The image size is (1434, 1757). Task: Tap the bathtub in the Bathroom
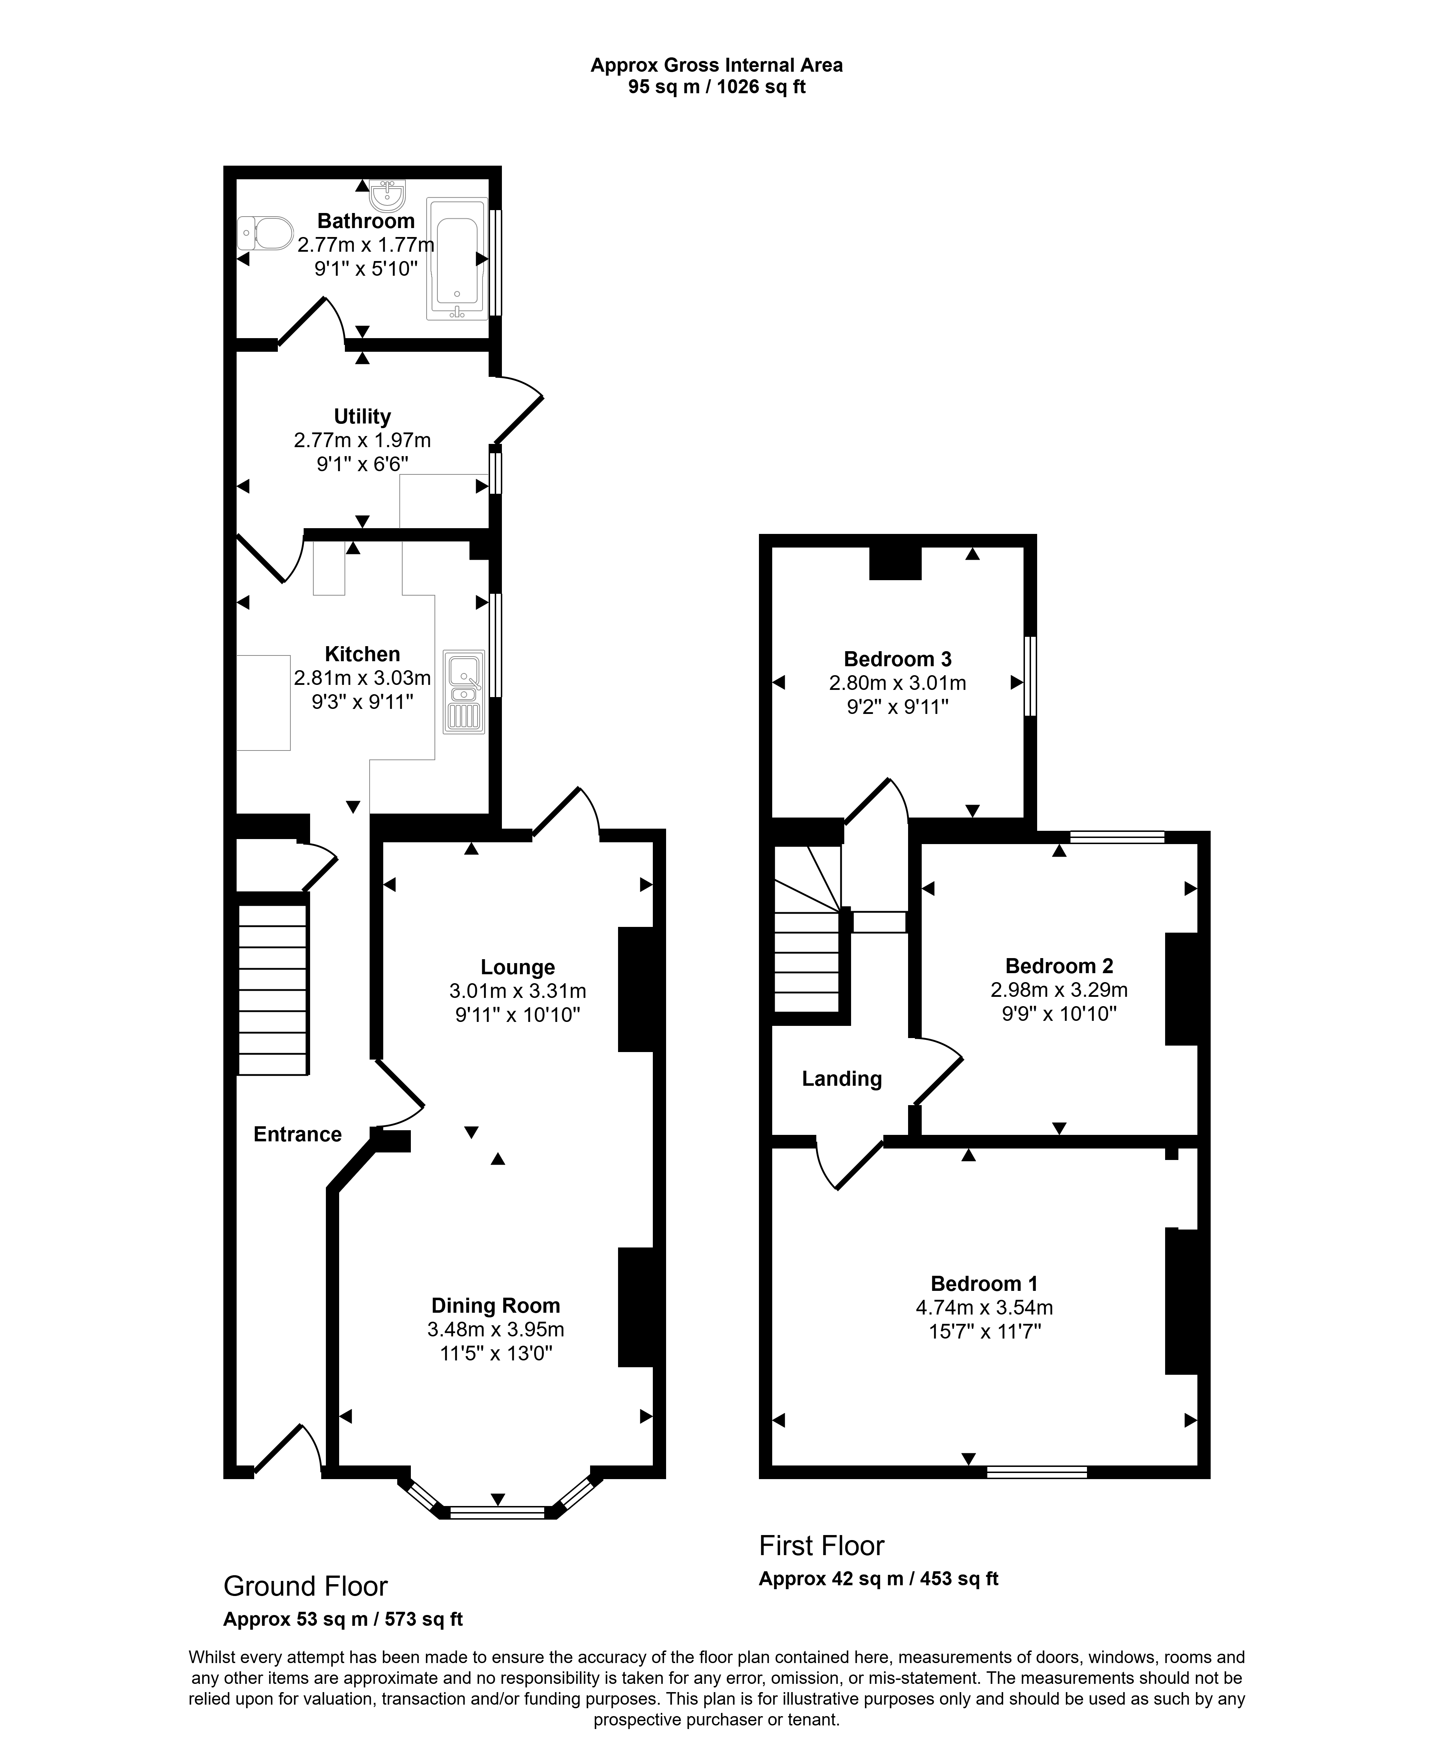tap(457, 259)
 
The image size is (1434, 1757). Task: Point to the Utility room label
tap(362, 416)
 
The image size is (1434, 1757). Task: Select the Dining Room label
tap(495, 1305)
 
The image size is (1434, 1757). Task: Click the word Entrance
tap(297, 1134)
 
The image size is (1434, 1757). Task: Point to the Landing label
tap(842, 1079)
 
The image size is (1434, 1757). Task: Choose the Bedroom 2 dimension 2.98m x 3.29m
tap(1059, 990)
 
